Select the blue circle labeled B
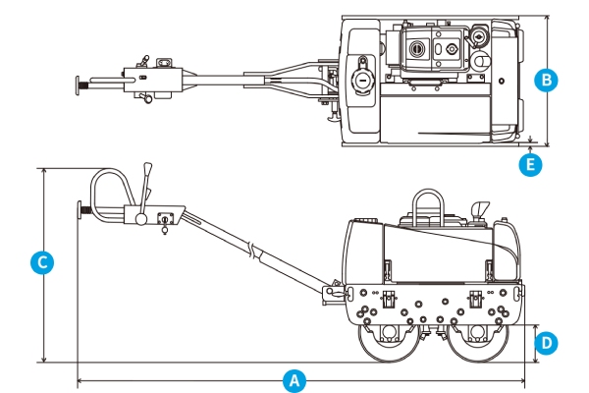pyautogui.click(x=548, y=81)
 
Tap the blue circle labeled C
pyautogui.click(x=40, y=263)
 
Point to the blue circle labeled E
pyautogui.click(x=531, y=165)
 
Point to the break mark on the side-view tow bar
pyautogui.click(x=254, y=252)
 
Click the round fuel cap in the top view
pyautogui.click(x=360, y=79)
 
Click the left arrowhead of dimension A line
pyautogui.click(x=80, y=378)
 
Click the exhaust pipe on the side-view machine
pyautogui.click(x=480, y=209)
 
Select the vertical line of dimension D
pyautogui.click(x=535, y=343)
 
